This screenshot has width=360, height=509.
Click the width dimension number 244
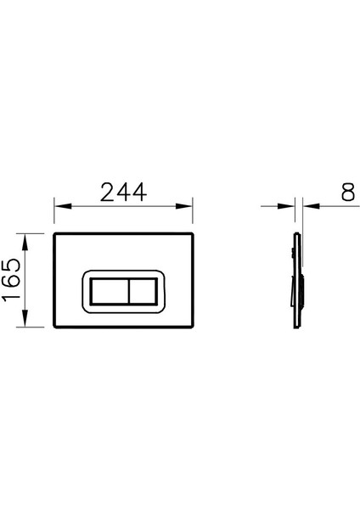point(124,192)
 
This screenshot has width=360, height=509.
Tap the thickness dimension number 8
point(347,192)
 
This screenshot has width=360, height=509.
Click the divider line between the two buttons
point(127,293)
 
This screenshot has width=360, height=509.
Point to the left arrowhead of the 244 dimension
point(59,206)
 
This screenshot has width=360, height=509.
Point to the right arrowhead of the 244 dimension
point(194,206)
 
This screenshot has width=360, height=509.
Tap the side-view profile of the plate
point(295,280)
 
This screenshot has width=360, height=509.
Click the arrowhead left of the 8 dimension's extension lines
point(288,206)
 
